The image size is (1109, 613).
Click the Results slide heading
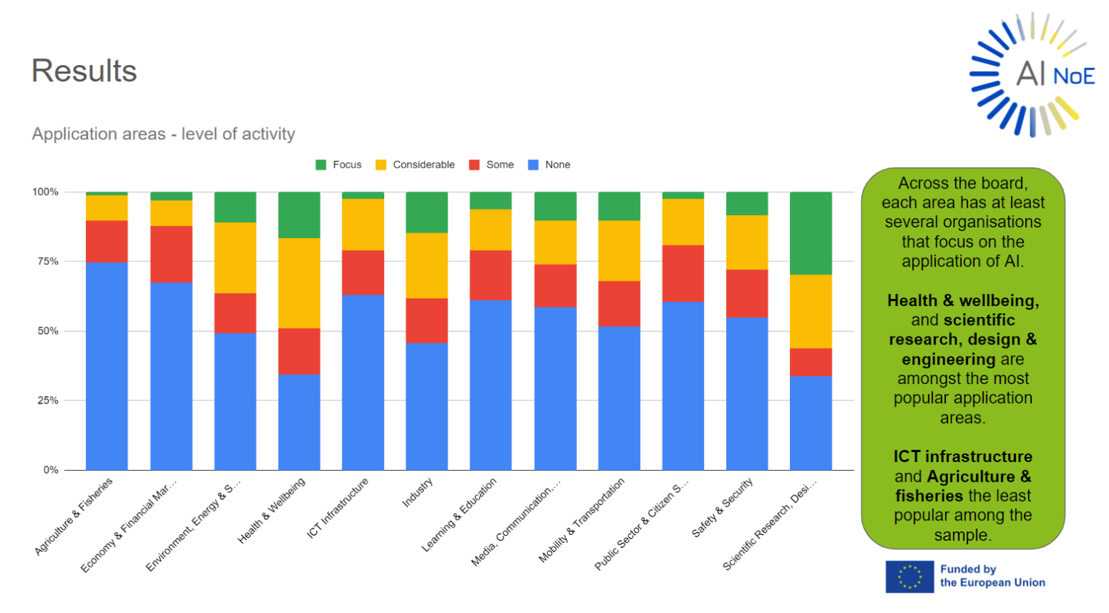[x=84, y=71]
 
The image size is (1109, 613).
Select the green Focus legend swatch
[x=321, y=165]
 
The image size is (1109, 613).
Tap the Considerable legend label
[x=423, y=165]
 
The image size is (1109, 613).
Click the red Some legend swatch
[x=474, y=165]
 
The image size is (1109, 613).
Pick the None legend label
[x=557, y=165]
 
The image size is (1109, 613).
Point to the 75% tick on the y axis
[x=48, y=261]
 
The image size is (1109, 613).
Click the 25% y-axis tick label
[x=48, y=400]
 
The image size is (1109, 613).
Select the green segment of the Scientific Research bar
[x=810, y=232]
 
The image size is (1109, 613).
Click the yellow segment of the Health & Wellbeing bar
[x=299, y=283]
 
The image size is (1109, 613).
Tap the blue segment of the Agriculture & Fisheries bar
[x=107, y=365]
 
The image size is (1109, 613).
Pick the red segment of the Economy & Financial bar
[x=171, y=254]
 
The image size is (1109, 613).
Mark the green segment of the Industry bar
[x=427, y=212]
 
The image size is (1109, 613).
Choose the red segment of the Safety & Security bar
[x=747, y=293]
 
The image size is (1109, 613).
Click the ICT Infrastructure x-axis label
[x=338, y=508]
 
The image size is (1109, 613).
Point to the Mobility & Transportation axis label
[x=581, y=521]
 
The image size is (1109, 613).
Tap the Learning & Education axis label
[x=459, y=515]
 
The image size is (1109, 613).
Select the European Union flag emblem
[x=909, y=577]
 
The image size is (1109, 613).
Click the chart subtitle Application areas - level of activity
[x=163, y=134]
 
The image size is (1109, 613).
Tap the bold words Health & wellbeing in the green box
[x=962, y=300]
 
